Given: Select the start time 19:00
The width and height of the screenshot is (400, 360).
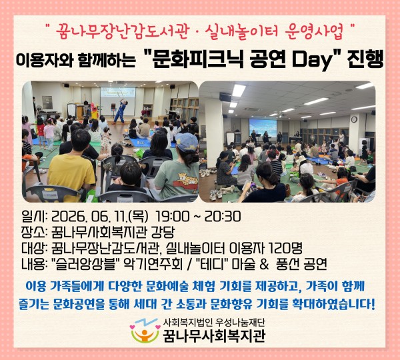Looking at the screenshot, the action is pyautogui.click(x=173, y=217).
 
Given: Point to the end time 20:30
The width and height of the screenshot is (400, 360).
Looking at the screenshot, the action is pyautogui.click(x=223, y=217).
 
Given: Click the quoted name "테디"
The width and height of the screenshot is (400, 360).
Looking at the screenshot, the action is pyautogui.click(x=212, y=264).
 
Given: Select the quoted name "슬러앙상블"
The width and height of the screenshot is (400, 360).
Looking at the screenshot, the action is pyautogui.click(x=85, y=264).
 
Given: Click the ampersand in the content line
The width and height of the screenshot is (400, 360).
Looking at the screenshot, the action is pyautogui.click(x=264, y=264).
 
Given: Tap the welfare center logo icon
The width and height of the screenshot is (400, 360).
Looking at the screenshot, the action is pyautogui.click(x=144, y=330).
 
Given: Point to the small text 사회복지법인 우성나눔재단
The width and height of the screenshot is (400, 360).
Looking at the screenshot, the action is pyautogui.click(x=214, y=323).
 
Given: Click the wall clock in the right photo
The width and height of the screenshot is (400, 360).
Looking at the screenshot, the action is pyautogui.click(x=354, y=119).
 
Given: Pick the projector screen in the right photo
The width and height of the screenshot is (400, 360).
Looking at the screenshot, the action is pyautogui.click(x=263, y=127).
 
